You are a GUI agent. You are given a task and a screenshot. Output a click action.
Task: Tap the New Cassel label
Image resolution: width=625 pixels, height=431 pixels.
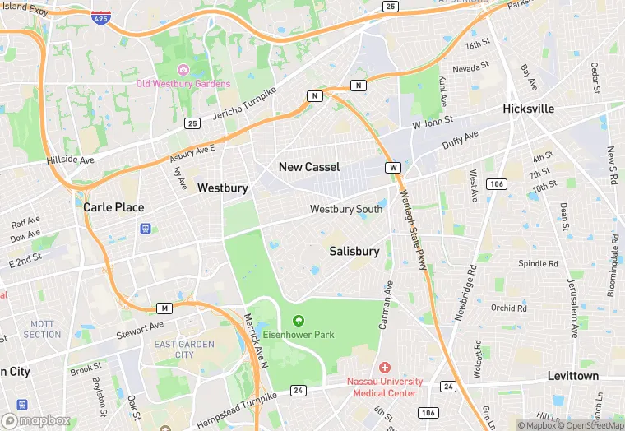pos(309,167)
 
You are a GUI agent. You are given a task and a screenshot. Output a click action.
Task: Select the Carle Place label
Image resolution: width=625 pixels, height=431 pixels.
pos(113,207)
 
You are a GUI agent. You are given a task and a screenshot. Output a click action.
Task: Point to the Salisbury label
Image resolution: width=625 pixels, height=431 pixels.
pos(354,251)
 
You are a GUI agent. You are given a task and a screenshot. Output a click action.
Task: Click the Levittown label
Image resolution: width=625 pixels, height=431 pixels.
pos(573,376)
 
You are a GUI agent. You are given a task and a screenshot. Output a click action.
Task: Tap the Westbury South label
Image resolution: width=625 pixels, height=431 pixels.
pos(346,209)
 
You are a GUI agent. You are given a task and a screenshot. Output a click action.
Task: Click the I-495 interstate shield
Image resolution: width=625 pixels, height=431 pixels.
pos(100,17)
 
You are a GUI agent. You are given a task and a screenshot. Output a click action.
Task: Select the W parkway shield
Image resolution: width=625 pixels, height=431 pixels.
pos(394,168)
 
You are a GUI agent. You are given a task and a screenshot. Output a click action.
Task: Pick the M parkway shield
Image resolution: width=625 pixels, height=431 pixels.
pos(164,308)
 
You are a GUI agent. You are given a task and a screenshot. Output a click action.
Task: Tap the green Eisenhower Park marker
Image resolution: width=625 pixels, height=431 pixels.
pos(298,321)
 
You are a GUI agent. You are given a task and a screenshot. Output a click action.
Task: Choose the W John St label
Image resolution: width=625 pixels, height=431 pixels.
pos(433,122)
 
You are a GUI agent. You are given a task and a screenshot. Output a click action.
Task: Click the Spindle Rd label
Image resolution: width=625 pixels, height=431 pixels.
pos(538,264)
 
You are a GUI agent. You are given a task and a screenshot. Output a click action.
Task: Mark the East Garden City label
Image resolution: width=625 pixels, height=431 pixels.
pos(174,349)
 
